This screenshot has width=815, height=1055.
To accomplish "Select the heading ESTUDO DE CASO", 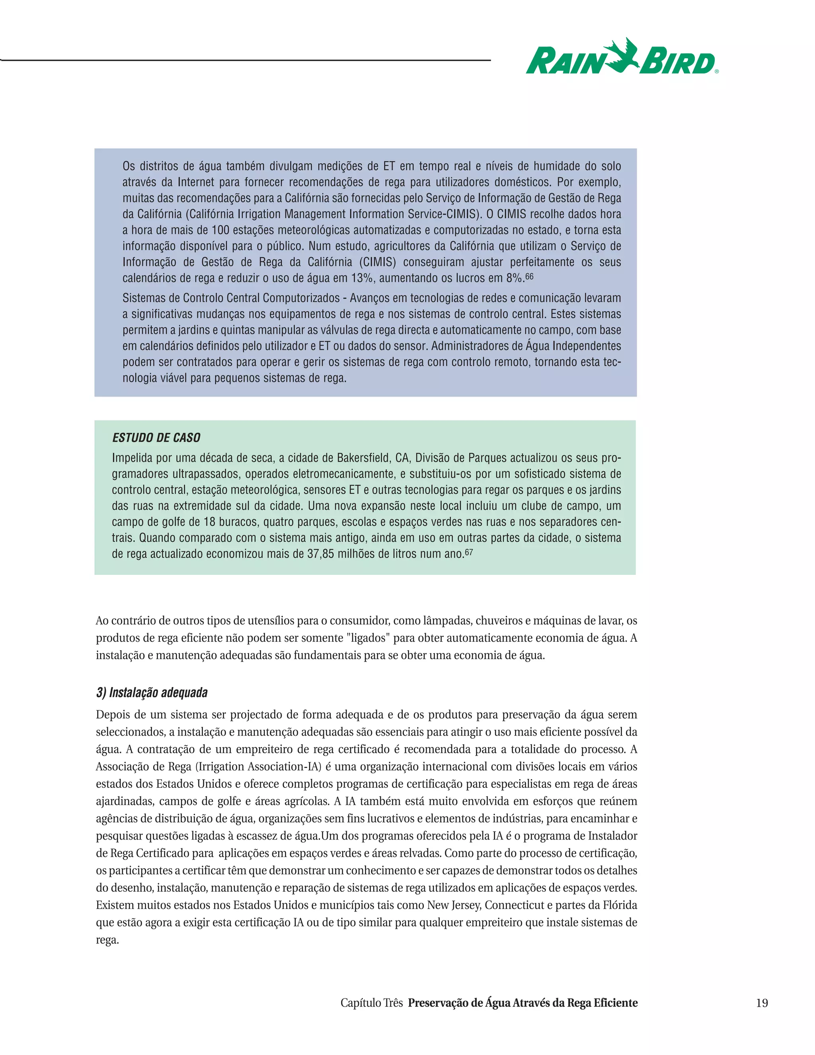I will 156,438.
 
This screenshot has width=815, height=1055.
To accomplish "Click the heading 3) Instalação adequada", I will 152,692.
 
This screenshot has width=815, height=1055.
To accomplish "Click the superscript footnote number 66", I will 529,276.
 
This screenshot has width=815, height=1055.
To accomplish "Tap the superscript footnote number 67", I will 468,552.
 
